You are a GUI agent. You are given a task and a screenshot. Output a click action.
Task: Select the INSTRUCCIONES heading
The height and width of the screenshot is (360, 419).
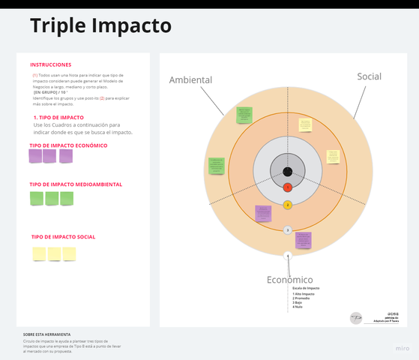[x=51, y=64]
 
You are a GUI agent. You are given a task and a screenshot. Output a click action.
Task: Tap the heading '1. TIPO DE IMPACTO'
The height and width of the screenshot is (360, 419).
[x=58, y=118]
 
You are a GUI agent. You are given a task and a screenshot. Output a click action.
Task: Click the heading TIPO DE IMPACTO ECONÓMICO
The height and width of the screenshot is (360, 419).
[x=68, y=145]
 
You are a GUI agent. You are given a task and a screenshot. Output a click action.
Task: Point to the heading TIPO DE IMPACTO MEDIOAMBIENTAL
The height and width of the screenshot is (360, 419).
[x=76, y=184]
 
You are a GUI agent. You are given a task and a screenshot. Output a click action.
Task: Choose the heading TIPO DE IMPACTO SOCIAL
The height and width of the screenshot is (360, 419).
[x=63, y=237]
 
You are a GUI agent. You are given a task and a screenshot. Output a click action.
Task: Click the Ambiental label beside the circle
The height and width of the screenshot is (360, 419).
[x=190, y=80]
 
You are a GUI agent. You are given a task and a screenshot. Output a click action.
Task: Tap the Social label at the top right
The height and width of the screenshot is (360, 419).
[x=369, y=76]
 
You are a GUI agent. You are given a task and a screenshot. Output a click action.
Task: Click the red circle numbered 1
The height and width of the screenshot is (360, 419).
[x=288, y=187]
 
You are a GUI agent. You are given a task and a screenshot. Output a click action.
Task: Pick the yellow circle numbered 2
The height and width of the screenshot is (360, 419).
[x=288, y=205]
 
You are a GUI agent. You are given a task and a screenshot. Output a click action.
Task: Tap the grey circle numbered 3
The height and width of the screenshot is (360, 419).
[x=288, y=230]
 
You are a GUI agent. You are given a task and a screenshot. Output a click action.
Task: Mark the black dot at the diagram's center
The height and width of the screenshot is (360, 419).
[x=288, y=171]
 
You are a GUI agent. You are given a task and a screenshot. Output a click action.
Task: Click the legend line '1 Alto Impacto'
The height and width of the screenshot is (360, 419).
[x=304, y=294]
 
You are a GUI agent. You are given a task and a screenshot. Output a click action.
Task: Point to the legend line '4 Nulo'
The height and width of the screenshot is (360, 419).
[x=298, y=307]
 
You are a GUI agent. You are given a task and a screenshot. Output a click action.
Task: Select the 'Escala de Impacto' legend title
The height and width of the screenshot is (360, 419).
[x=306, y=288]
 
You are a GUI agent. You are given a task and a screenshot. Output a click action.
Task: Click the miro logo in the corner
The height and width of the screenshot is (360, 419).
[x=403, y=349]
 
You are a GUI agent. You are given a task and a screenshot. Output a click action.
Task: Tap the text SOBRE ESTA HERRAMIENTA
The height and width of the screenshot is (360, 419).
[x=46, y=334]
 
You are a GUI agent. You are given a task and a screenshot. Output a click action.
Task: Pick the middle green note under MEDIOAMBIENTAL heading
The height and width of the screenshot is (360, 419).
[x=51, y=199]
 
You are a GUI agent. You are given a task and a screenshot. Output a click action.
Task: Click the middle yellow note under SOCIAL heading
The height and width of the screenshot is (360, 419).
[x=54, y=253]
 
